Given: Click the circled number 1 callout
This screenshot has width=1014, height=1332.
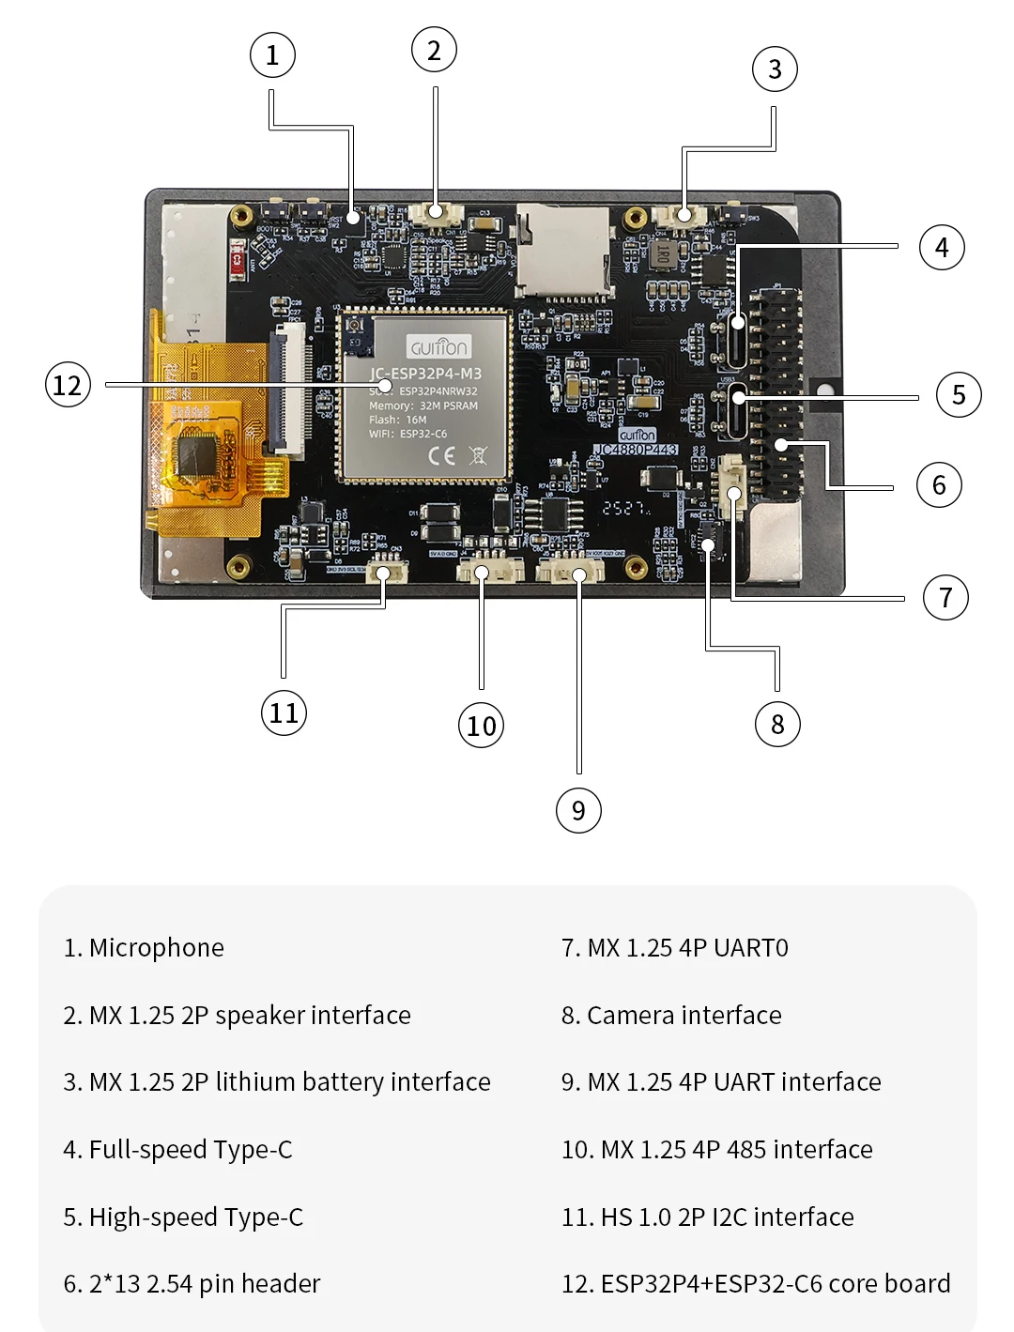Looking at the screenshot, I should [x=272, y=55].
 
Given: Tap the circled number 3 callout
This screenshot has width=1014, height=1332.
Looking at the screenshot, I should [x=775, y=69].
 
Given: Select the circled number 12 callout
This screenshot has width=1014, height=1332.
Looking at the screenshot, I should [x=68, y=385].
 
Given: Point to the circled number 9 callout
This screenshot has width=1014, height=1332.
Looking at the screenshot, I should [x=578, y=810].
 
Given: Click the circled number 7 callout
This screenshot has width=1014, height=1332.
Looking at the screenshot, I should [x=945, y=597].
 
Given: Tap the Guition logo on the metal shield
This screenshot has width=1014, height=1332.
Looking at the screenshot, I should [x=438, y=347].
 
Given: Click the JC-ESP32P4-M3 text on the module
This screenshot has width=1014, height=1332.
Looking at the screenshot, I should [x=425, y=374].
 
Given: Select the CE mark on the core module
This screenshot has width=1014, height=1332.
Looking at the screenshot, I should [x=442, y=456].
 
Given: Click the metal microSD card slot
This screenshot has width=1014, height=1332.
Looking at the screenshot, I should [x=561, y=249].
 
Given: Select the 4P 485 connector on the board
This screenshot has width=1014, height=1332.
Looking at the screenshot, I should [x=489, y=570].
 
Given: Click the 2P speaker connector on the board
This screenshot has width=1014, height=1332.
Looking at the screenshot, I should [x=436, y=212].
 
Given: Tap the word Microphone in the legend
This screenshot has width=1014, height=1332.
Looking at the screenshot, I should [x=156, y=948].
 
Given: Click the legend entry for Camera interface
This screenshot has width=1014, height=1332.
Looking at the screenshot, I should [x=684, y=1016].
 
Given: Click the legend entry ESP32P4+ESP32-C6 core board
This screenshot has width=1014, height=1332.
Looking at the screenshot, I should [x=775, y=1284].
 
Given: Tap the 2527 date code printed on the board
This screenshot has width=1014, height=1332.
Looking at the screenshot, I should [x=625, y=508].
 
